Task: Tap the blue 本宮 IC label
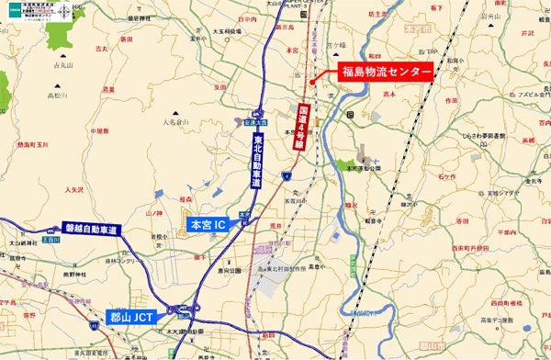coord(208,224)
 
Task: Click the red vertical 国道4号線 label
coord(299,128)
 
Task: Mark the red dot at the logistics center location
coord(315,82)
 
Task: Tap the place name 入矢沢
coord(51,189)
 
